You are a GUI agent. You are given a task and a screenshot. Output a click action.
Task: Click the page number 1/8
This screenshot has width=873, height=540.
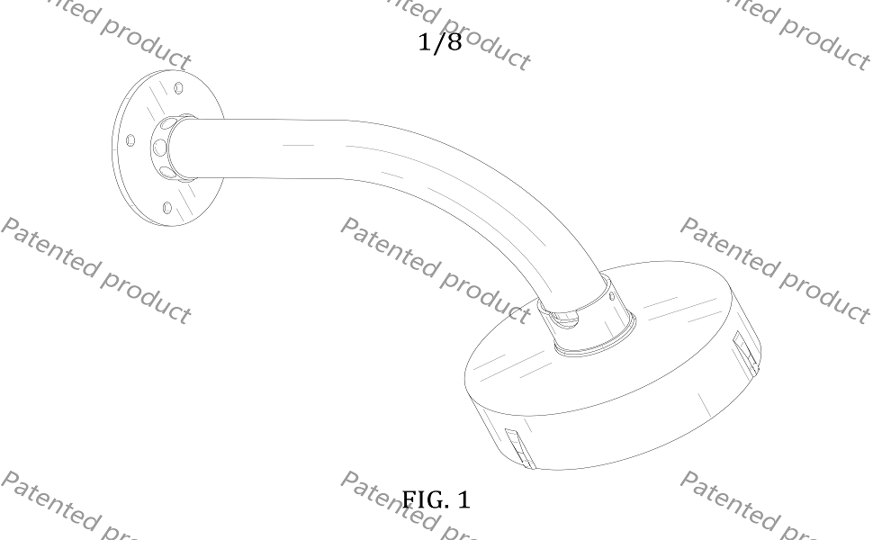point(440,42)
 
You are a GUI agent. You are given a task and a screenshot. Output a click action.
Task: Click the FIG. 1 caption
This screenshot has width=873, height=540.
point(436,499)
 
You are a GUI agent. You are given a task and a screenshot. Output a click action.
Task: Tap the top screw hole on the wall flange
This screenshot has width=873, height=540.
point(179,88)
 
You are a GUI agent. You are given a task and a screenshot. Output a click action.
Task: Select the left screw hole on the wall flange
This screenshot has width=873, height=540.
point(130,140)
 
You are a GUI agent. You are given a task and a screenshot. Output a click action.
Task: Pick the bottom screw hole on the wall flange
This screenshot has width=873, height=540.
point(167,208)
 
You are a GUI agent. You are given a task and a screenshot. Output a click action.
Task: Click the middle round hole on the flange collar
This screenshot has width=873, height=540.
point(160,148)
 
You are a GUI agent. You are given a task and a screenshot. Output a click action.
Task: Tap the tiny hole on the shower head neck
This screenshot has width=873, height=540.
point(612,297)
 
